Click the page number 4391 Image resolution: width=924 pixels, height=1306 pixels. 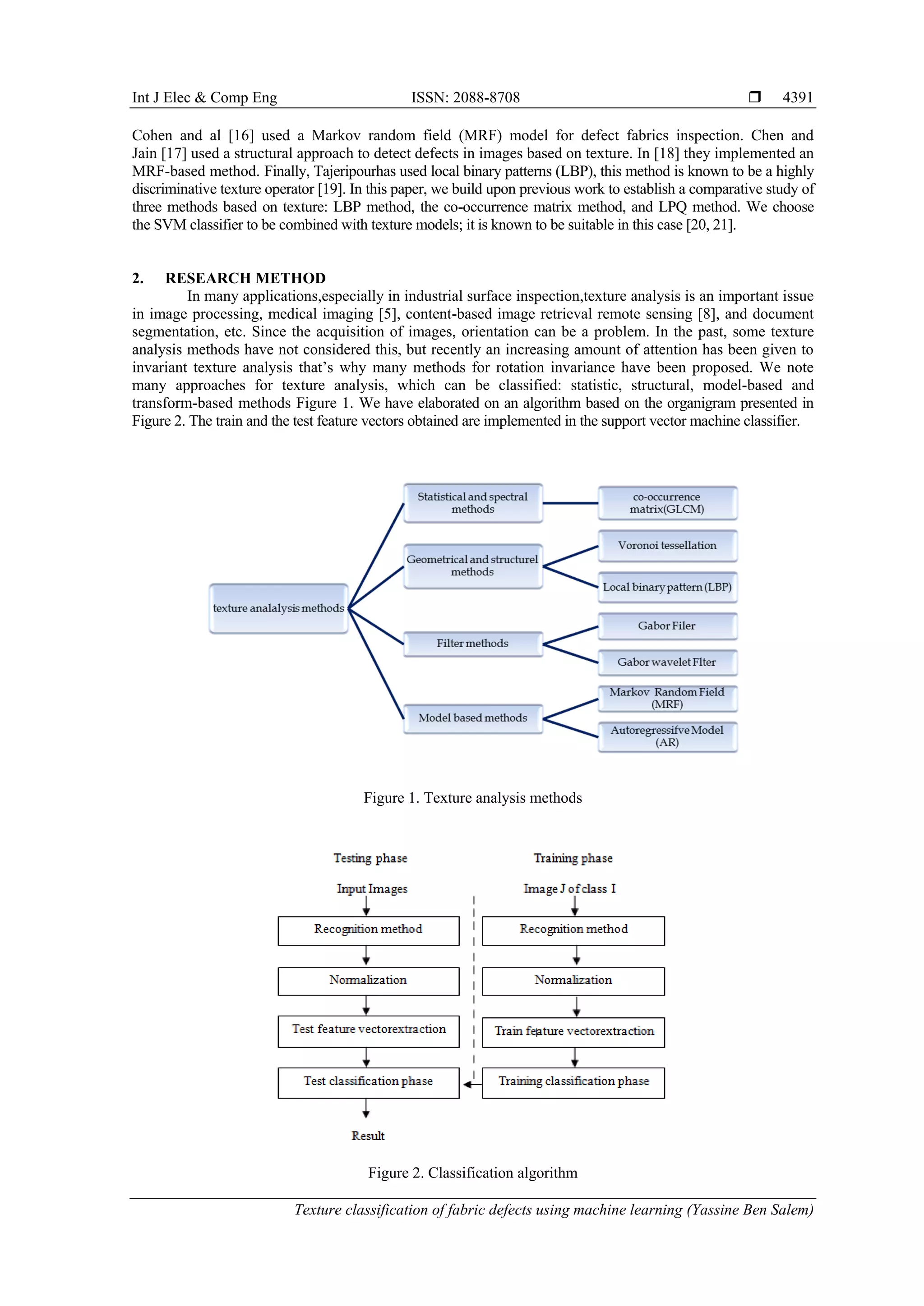(x=797, y=97)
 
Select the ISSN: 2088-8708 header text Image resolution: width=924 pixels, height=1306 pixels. (x=466, y=97)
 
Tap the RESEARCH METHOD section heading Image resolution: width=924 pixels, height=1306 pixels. (x=245, y=278)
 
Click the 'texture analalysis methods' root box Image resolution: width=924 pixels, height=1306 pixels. (x=278, y=608)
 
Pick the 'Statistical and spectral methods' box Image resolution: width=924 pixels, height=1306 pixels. (x=472, y=503)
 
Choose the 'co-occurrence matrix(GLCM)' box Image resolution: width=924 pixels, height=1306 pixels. (x=667, y=503)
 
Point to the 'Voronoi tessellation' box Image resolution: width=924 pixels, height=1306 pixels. (x=667, y=546)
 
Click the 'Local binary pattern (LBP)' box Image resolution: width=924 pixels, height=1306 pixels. (x=667, y=587)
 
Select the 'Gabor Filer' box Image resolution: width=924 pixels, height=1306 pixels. (x=667, y=625)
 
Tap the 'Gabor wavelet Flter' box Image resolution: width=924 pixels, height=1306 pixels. (x=667, y=662)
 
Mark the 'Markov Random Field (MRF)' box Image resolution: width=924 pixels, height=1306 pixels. (x=667, y=698)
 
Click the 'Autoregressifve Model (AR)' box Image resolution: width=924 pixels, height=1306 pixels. (x=667, y=736)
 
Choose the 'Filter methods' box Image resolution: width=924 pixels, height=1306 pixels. (x=472, y=644)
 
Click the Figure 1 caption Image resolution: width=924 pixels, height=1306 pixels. (x=472, y=798)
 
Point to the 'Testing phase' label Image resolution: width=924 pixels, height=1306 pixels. (x=370, y=858)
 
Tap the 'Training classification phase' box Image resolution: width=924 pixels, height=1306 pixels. (x=573, y=1082)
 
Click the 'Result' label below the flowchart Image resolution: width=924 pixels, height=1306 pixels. (x=368, y=1136)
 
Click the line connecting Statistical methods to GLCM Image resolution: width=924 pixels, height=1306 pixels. (x=570, y=503)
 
